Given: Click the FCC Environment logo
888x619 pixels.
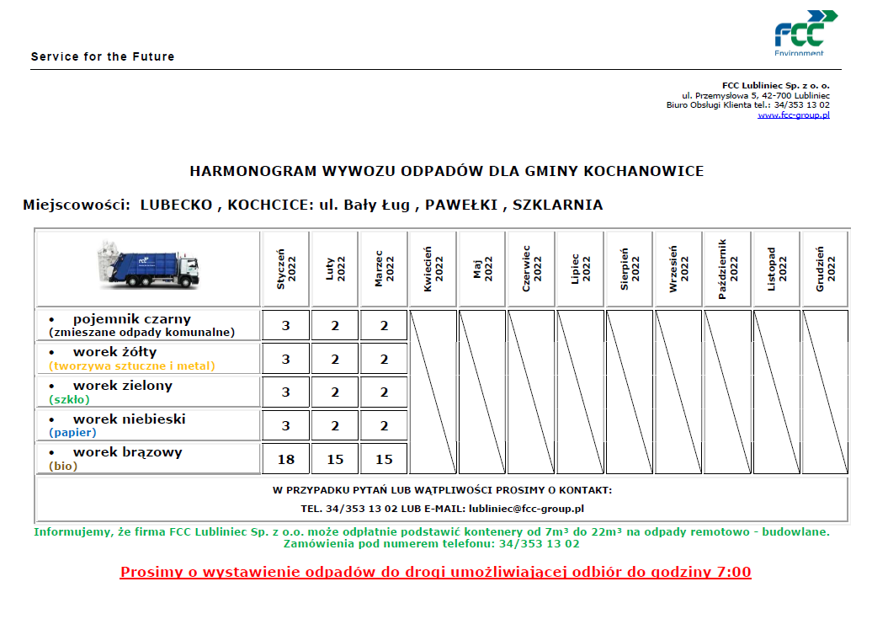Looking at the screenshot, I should tap(806, 33).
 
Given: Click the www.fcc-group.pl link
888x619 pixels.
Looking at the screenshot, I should tap(793, 115).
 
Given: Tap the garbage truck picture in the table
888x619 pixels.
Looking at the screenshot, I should tap(148, 265).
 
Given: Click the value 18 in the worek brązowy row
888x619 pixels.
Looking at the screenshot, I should tap(286, 460).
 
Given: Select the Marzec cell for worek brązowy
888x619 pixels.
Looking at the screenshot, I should tap(384, 460).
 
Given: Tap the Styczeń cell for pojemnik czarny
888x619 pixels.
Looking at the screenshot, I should tap(286, 326).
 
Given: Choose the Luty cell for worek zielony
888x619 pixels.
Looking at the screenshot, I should tap(335, 392).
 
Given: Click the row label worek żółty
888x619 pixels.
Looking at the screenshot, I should tap(114, 352).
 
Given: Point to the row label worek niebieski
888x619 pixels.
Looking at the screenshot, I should tap(129, 419).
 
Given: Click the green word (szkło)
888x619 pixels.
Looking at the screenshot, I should tap(69, 400).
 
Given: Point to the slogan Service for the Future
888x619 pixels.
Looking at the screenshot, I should tap(103, 56).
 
